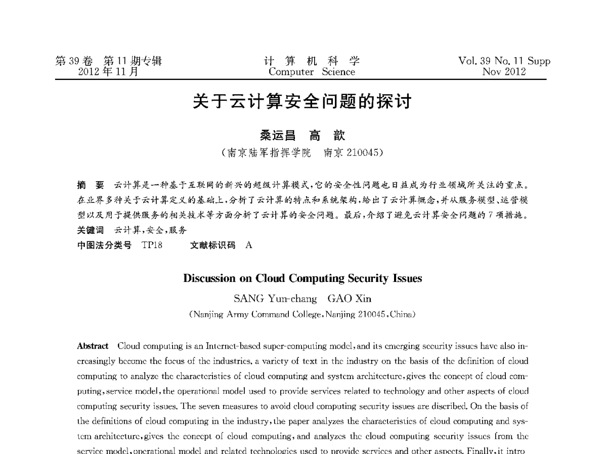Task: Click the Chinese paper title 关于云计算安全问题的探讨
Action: (x=302, y=102)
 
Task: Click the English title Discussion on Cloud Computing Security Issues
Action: (x=302, y=278)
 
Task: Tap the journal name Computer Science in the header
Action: (x=312, y=72)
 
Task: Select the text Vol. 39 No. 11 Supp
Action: (x=504, y=61)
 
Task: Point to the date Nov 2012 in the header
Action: (x=504, y=72)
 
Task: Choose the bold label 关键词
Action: (x=90, y=230)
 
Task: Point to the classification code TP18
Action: (x=152, y=245)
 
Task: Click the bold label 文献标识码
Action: (x=212, y=245)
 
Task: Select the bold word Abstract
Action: (x=93, y=346)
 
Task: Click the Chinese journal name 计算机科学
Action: (x=312, y=61)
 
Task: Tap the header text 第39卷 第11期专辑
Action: (x=109, y=61)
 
